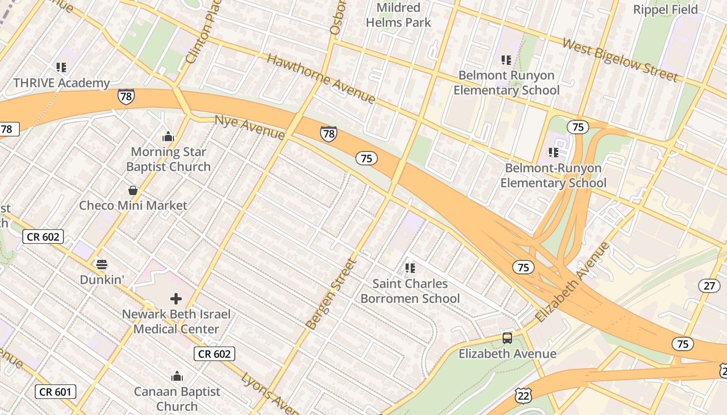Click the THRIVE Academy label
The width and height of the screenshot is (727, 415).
pos(61,83)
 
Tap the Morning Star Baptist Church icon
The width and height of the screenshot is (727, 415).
pos(168,137)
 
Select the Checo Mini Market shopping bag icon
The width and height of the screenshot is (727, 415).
pos(133,190)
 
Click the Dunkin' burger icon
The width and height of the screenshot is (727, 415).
pos(102,265)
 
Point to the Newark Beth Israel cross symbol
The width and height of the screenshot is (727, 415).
pos(176,299)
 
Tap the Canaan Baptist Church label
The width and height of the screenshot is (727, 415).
pos(177,398)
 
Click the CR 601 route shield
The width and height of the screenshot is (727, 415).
pos(56,392)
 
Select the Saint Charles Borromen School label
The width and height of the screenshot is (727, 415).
pos(410,291)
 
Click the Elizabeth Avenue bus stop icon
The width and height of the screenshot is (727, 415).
pos(507,338)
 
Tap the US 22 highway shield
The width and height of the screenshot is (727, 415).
pos(523,395)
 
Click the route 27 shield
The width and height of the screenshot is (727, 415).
pos(709,285)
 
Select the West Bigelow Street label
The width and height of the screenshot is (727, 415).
pos(620,60)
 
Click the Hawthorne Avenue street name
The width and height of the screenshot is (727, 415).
pos(321,78)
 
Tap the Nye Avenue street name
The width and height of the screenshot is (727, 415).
pos(250,127)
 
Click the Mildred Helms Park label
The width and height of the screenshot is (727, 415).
pos(398,15)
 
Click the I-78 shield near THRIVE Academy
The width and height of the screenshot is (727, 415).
pos(126,96)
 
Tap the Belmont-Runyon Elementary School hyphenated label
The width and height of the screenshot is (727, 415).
pos(553,175)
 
